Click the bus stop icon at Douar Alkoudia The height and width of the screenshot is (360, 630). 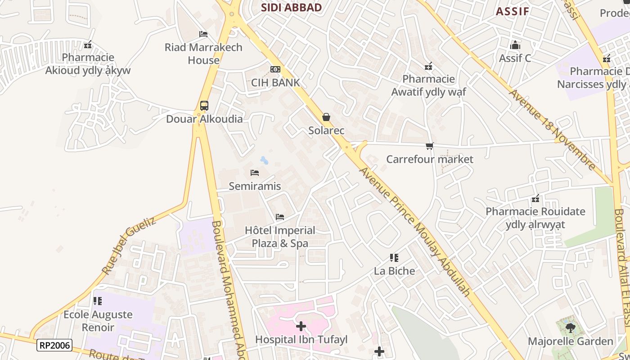[x=204, y=106]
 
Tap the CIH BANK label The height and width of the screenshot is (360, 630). [x=275, y=82]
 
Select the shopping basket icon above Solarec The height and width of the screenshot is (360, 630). [x=326, y=117]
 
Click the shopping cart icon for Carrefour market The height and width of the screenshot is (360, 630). [x=429, y=146]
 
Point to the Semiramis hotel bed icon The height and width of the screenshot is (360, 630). [x=255, y=173]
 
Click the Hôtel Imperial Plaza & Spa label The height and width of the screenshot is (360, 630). [x=280, y=237]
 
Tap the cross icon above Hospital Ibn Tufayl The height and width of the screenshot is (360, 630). [x=301, y=326]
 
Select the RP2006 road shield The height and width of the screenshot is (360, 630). [x=54, y=345]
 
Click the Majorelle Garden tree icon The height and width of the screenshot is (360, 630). [x=570, y=328]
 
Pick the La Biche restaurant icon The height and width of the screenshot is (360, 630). [x=394, y=258]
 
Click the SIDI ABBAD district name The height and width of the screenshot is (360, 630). [x=292, y=8]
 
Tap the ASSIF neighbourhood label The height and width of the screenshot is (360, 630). [x=512, y=12]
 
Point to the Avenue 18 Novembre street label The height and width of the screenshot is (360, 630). [x=552, y=129]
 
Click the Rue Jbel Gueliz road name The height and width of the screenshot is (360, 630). [x=129, y=246]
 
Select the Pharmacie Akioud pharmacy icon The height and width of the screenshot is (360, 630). [x=88, y=45]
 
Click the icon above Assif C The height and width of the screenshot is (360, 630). [x=515, y=45]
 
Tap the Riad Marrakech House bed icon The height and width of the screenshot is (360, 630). [x=203, y=34]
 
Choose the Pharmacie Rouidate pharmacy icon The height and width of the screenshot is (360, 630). [x=535, y=198]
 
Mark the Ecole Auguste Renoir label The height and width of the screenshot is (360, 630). [x=98, y=321]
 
